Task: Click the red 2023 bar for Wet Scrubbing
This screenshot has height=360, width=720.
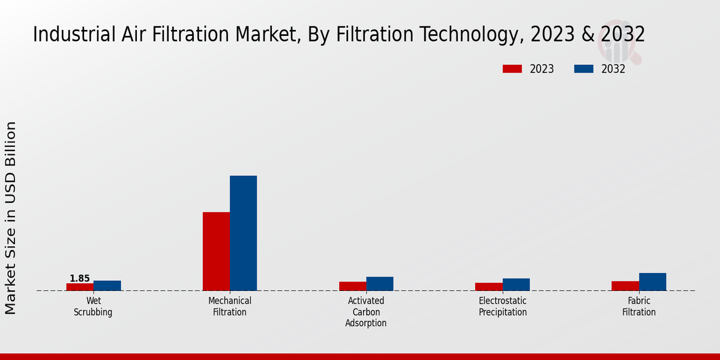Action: click(80, 287)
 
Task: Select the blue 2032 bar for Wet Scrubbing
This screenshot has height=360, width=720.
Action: click(107, 286)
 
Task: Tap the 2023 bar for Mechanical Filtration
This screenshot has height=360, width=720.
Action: click(216, 251)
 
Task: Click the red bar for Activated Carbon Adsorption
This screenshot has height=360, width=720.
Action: click(352, 286)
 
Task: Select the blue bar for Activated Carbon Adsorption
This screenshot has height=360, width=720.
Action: click(380, 284)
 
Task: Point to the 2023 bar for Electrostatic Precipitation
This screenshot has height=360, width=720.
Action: click(488, 287)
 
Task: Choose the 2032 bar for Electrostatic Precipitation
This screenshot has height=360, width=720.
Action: click(516, 284)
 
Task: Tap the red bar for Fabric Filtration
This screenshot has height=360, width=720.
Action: click(625, 286)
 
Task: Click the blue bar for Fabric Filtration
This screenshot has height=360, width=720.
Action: click(652, 282)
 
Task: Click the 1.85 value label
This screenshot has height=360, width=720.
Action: click(80, 278)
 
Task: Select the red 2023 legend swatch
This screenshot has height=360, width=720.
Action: click(512, 69)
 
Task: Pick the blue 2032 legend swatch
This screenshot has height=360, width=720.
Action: click(583, 69)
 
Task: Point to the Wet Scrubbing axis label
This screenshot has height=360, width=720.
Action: click(93, 307)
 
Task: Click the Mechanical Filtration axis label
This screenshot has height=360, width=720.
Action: click(230, 307)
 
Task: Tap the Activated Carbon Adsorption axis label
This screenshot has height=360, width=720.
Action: click(366, 312)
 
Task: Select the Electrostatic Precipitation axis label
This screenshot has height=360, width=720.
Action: click(503, 307)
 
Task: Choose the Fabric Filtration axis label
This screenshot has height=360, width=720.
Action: click(639, 307)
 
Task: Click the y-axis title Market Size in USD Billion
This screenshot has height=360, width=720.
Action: click(11, 218)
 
